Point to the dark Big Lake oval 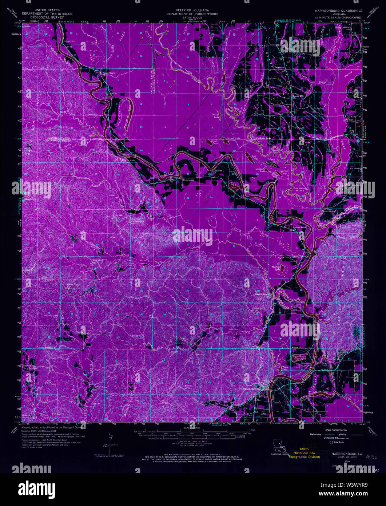[233, 186]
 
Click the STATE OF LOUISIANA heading [192, 11]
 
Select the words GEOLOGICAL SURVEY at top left [48, 17]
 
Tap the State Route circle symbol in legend [331, 442]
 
